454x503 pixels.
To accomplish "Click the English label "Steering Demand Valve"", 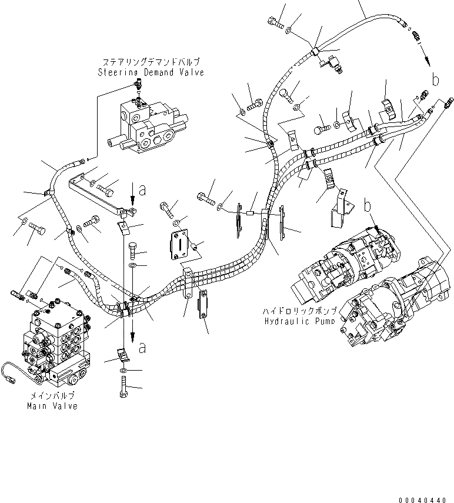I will click(151, 72).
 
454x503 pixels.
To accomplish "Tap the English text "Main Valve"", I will click(52, 406).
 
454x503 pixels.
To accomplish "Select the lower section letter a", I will click(141, 348).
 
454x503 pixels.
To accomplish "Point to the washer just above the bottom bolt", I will click(122, 371).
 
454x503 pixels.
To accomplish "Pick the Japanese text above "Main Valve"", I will click(52, 395).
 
